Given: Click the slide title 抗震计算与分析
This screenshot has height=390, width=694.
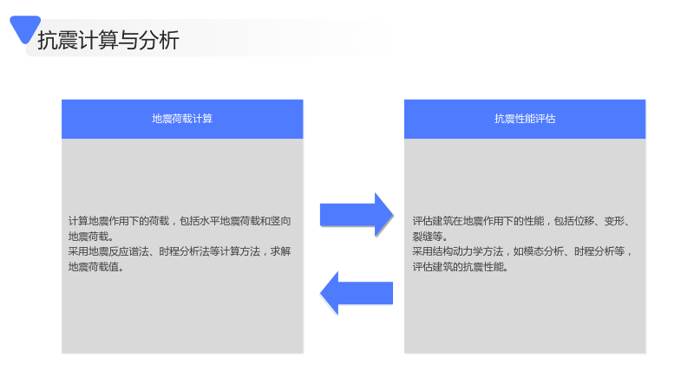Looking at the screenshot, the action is click(x=108, y=40).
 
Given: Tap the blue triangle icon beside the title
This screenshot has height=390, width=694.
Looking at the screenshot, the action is click(x=25, y=29).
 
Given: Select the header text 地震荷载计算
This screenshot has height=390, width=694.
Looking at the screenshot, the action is click(x=182, y=119).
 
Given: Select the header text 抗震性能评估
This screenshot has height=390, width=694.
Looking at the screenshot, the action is click(x=525, y=119).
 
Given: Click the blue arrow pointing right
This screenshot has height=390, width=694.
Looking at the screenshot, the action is click(x=357, y=215).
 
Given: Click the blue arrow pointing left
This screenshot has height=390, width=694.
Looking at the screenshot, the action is click(x=357, y=293).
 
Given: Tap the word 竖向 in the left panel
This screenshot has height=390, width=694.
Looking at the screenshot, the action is click(x=280, y=221).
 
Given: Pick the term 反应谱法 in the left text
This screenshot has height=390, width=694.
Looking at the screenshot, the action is click(x=128, y=251).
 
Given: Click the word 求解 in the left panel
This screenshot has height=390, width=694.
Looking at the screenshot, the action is click(x=280, y=251).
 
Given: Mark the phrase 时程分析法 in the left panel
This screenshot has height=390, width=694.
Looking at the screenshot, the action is click(x=184, y=251).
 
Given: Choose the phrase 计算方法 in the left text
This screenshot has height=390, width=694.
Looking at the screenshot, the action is click(x=240, y=251).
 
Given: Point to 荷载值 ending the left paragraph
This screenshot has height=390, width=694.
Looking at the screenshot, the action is click(x=103, y=267).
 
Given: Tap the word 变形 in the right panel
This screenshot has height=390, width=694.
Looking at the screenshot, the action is click(x=614, y=221).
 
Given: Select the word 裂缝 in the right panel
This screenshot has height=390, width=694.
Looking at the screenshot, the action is click(x=422, y=237).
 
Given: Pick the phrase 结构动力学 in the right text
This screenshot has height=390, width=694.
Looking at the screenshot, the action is click(x=458, y=251).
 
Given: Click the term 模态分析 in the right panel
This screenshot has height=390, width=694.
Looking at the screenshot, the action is click(x=544, y=251).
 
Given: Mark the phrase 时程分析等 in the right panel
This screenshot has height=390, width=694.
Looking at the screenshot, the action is click(x=599, y=251).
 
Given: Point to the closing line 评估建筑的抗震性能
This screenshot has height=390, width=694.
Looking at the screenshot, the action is click(x=458, y=267).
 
